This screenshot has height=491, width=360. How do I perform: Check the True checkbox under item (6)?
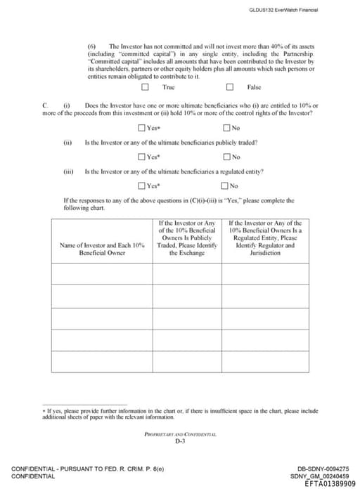(x=145, y=87)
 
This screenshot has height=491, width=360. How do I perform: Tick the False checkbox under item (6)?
(x=230, y=87)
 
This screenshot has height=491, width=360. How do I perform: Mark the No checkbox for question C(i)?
(x=226, y=127)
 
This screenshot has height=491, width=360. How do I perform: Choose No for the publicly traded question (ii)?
(x=226, y=156)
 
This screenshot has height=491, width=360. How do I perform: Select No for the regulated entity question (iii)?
(x=226, y=185)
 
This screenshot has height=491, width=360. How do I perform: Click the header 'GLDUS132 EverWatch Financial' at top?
(x=283, y=10)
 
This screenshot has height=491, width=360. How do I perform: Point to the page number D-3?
(x=180, y=442)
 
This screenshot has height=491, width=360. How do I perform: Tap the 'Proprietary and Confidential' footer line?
(x=180, y=435)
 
